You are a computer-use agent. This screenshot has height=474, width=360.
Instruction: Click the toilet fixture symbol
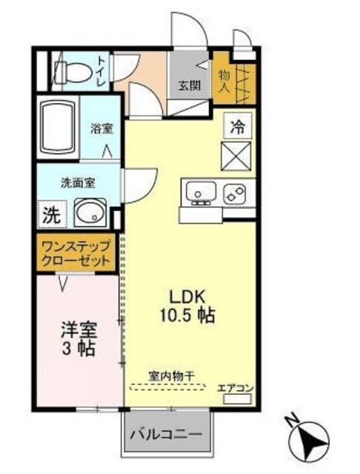70,72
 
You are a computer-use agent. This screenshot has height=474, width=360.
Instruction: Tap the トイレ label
102,69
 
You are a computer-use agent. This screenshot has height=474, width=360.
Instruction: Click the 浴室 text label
101,127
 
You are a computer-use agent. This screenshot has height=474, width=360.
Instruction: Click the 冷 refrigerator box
236,127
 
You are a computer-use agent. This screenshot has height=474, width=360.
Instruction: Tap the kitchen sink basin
199,193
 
